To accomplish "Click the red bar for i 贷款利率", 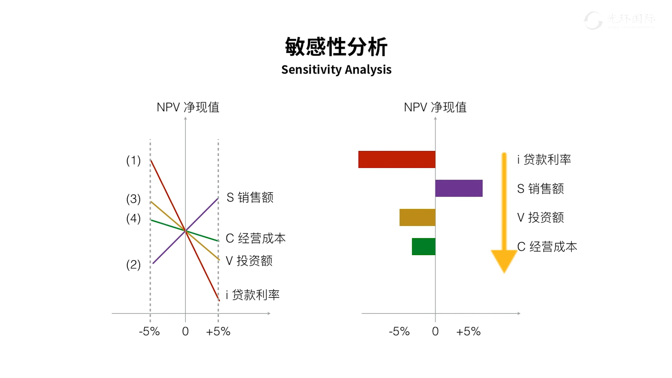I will click(396, 159).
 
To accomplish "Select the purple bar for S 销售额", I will click(459, 188).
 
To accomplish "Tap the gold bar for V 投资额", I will click(417, 217).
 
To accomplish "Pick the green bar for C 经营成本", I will click(423, 246).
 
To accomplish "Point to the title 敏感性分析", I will click(336, 47).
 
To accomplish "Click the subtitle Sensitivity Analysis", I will click(336, 69).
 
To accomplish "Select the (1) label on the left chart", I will click(133, 160).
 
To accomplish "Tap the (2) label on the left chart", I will click(133, 264).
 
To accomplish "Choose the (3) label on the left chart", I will click(133, 199).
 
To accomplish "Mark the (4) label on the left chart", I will click(133, 218).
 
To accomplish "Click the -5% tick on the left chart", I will click(150, 331).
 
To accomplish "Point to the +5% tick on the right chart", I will click(468, 331).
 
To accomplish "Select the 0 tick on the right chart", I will click(435, 331).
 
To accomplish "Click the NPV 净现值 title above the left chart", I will click(188, 107).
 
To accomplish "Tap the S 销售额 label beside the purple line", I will click(250, 198).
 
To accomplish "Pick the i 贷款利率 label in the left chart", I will click(252, 295).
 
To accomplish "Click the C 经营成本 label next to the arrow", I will click(547, 247).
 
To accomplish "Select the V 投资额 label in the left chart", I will click(249, 261).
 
